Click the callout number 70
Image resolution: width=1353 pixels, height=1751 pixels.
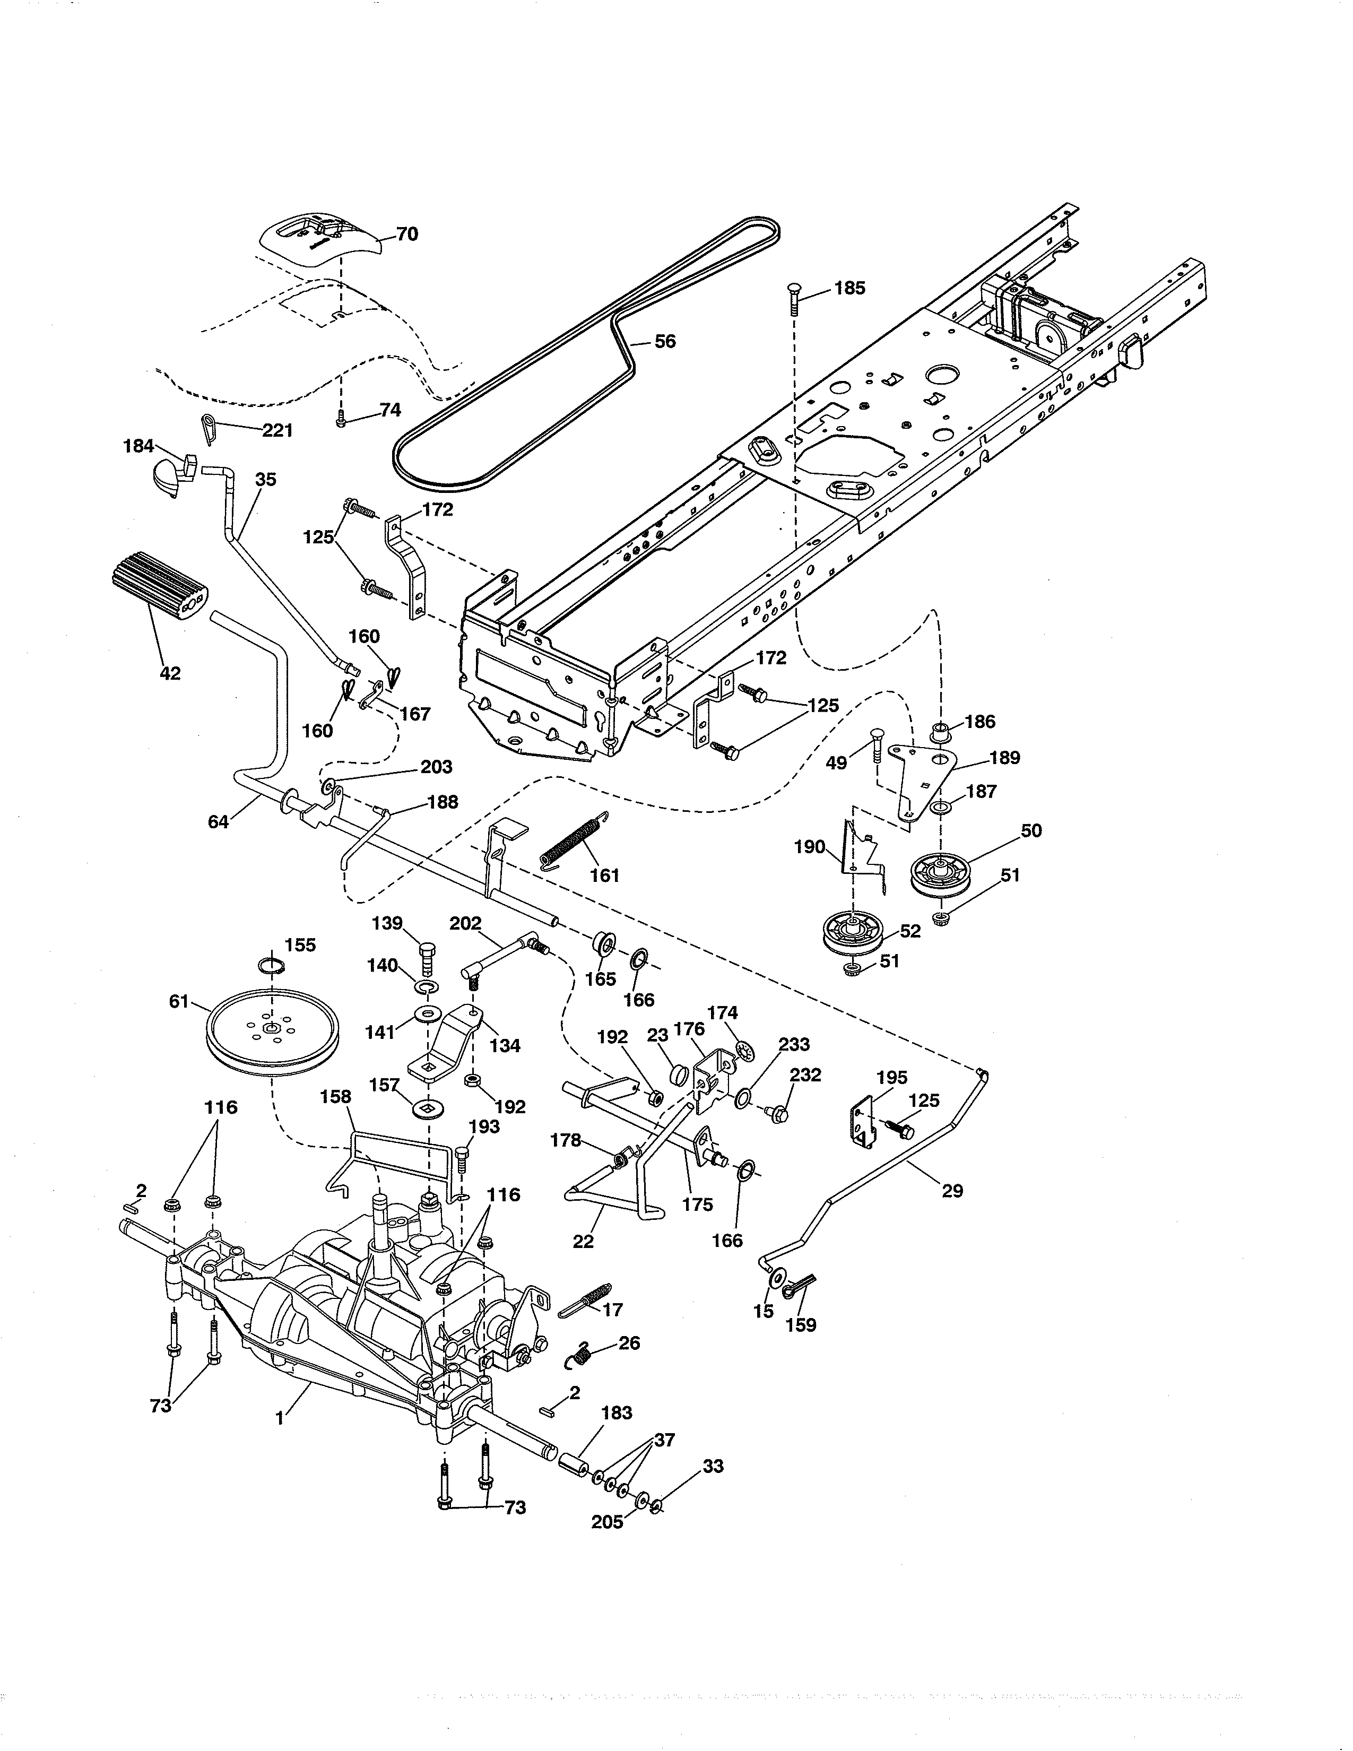[406, 234]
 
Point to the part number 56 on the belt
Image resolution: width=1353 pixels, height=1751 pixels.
[664, 342]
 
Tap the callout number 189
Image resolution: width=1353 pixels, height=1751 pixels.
[1004, 758]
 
